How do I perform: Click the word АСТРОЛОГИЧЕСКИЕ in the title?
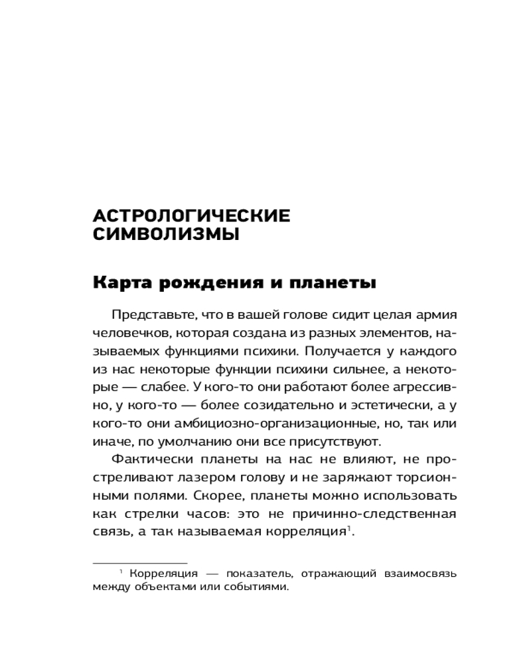tap(192, 216)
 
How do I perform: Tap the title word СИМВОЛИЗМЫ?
tap(166, 235)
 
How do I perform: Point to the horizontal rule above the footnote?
tap(140, 563)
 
